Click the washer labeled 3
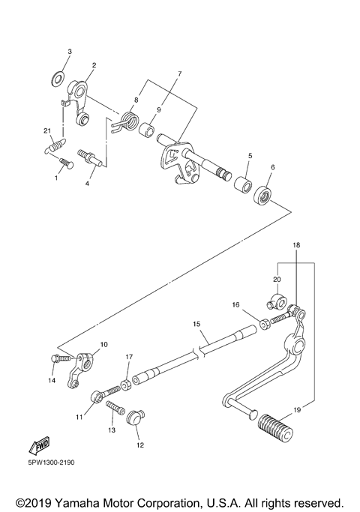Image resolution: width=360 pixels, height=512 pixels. pyautogui.click(x=58, y=79)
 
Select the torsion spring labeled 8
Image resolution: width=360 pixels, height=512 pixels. pyautogui.click(x=127, y=121)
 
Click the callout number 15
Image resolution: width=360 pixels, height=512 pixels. pyautogui.click(x=196, y=324)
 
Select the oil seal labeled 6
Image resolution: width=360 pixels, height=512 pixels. pyautogui.click(x=263, y=196)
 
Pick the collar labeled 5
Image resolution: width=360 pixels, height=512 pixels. pyautogui.click(x=243, y=185)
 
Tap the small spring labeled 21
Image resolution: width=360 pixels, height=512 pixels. pyautogui.click(x=55, y=145)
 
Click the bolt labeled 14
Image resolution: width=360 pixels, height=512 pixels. pyautogui.click(x=61, y=358)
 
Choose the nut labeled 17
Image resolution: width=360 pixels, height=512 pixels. pyautogui.click(x=126, y=385)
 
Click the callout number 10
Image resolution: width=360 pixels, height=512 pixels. pyautogui.click(x=103, y=345)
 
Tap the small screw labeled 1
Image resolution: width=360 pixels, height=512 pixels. pyautogui.click(x=67, y=163)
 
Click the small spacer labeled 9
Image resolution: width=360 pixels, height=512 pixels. pyautogui.click(x=146, y=129)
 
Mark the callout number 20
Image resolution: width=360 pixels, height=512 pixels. pyautogui.click(x=277, y=280)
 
